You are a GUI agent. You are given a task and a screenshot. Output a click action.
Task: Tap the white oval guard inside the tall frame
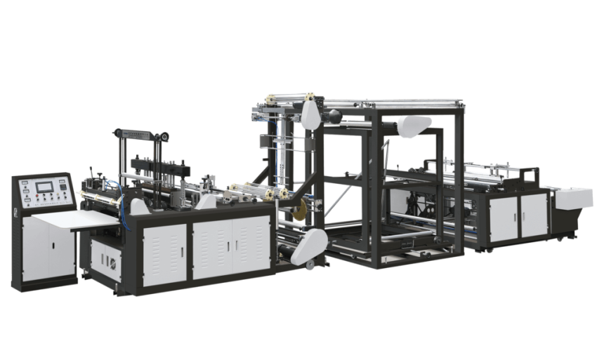414,127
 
